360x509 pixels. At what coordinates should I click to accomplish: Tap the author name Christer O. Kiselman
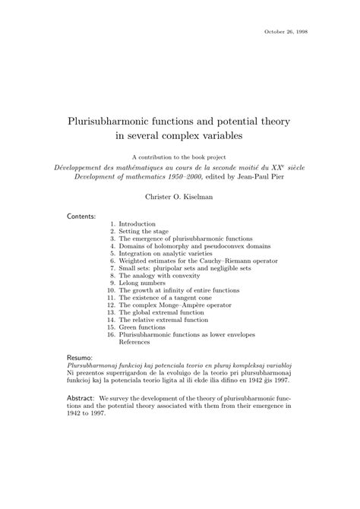pos(179,196)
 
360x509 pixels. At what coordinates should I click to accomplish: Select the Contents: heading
pos(82,217)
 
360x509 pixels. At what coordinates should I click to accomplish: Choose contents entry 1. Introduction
pos(137,224)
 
